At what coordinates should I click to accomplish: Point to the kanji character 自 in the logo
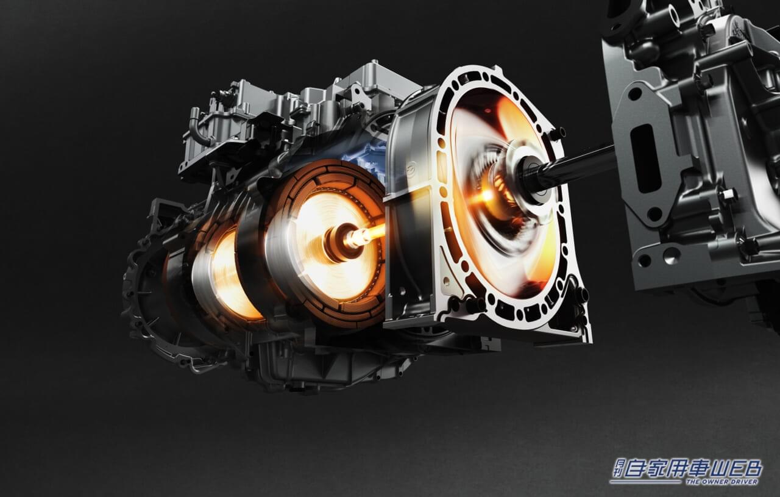(x=637, y=469)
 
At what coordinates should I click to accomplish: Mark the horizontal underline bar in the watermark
(x=647, y=482)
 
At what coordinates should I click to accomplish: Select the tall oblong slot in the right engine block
(x=641, y=159)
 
